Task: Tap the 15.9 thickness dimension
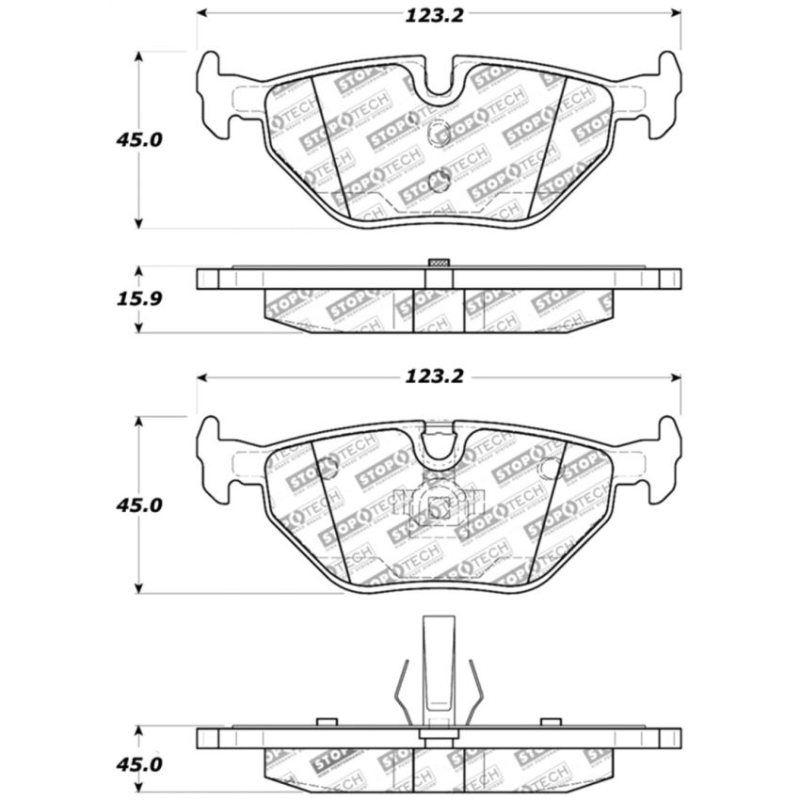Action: pyautogui.click(x=139, y=300)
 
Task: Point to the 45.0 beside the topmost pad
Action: pyautogui.click(x=139, y=139)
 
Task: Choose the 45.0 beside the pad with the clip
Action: pyautogui.click(x=139, y=505)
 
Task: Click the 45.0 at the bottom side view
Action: pyautogui.click(x=139, y=764)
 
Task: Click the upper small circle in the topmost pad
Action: pyautogui.click(x=439, y=134)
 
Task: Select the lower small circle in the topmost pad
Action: pyautogui.click(x=439, y=179)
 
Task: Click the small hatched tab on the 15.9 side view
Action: pyautogui.click(x=439, y=262)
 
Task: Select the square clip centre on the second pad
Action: pyautogui.click(x=439, y=507)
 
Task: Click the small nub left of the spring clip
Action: pyautogui.click(x=327, y=722)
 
